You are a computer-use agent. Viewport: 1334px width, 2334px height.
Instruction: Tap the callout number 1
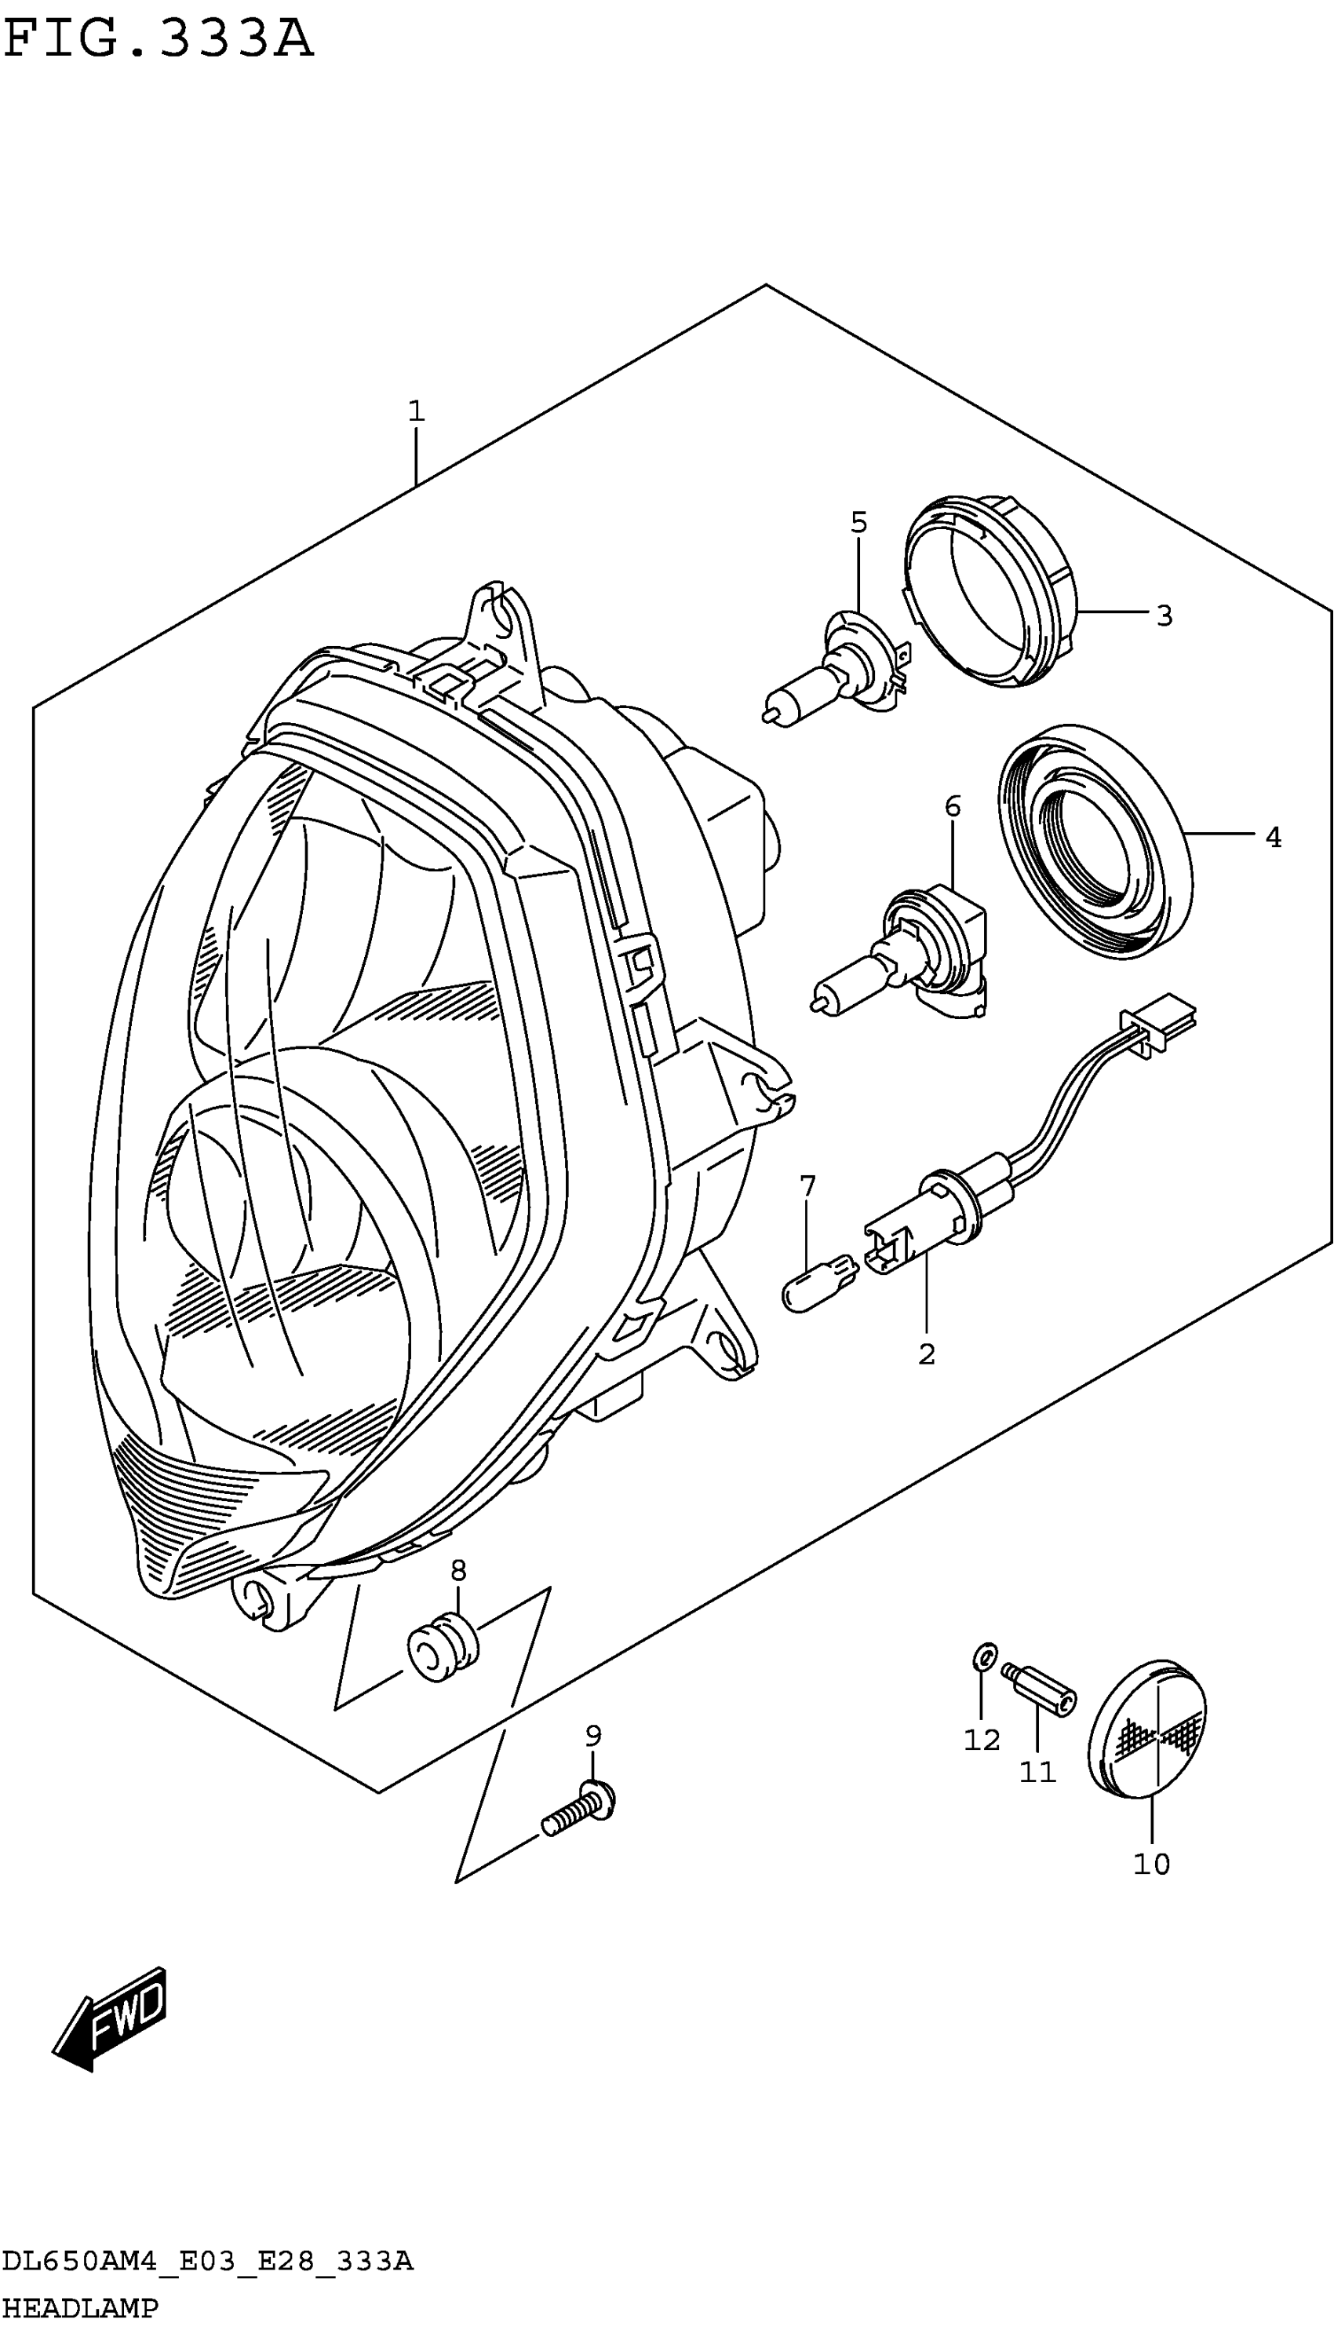point(416,411)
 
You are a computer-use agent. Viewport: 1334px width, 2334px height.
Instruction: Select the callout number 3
point(1164,615)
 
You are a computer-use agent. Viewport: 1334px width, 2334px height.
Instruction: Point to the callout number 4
point(1273,837)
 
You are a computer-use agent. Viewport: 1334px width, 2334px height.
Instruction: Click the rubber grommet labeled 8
point(443,1650)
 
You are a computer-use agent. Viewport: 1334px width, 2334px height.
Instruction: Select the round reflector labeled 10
point(1146,1726)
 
